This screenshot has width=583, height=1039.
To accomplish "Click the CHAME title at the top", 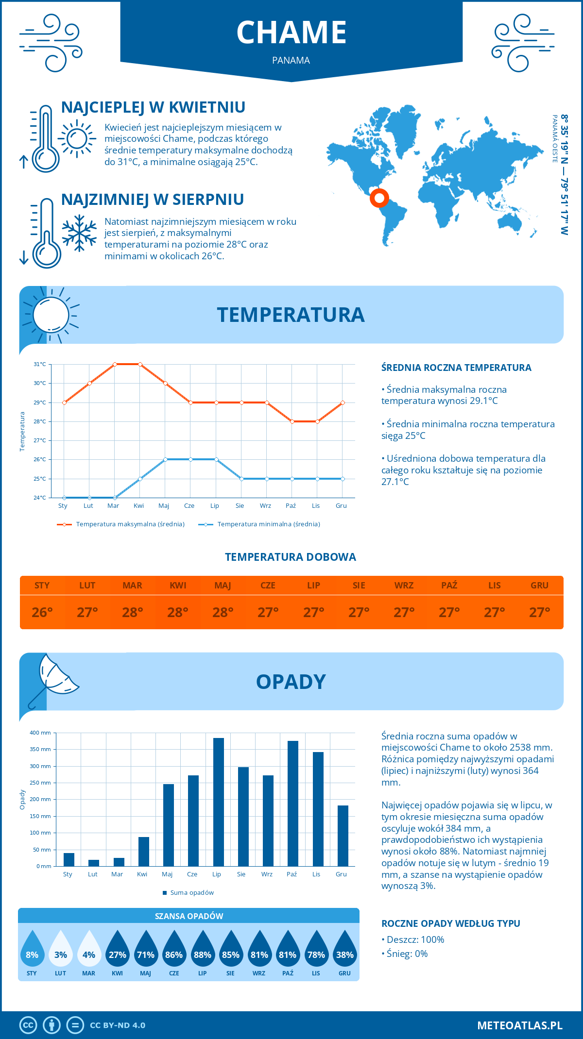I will tap(291, 33).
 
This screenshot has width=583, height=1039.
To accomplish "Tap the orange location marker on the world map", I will tap(379, 198).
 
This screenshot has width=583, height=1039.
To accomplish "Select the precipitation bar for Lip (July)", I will tap(219, 802).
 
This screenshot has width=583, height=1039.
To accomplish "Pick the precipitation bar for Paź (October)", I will tap(293, 804).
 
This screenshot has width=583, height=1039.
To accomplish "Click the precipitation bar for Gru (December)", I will tap(343, 836).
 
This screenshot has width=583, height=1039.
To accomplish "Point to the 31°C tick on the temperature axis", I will tap(40, 364).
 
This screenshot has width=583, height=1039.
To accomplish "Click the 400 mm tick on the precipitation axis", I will tap(41, 733).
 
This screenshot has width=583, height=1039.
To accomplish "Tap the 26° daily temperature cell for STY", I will tap(42, 612).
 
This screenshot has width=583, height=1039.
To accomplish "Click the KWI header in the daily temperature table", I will tap(178, 586).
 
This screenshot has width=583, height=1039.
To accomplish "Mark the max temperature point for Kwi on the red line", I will tap(140, 364).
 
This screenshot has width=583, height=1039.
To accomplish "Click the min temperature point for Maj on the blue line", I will tap(165, 459).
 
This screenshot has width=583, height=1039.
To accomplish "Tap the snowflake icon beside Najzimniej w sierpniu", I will tap(79, 233).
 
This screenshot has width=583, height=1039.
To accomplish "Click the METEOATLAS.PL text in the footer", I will tap(520, 1025).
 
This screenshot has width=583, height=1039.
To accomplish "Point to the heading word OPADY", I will tap(291, 682).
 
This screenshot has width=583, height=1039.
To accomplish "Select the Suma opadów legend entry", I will tap(192, 893).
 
